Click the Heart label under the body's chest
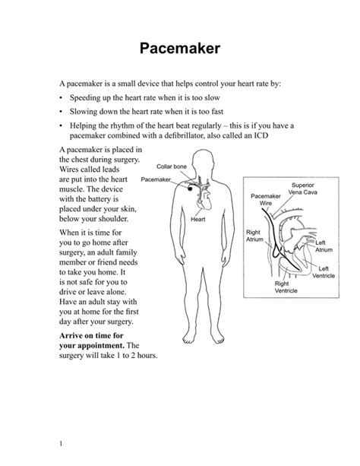click(x=198, y=220)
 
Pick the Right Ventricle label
click(x=286, y=287)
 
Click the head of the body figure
click(x=203, y=160)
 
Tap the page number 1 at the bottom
click(x=60, y=443)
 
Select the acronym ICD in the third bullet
click(x=259, y=135)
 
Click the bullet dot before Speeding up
click(x=61, y=99)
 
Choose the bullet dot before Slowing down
click(x=61, y=112)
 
